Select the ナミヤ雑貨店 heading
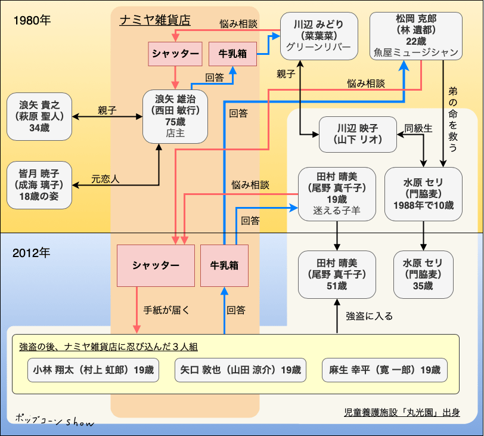click(155, 20)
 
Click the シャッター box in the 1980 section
click(175, 54)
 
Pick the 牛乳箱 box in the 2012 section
click(224, 265)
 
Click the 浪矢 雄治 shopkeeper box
click(175, 116)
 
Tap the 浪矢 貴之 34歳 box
click(40, 116)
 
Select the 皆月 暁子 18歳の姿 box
click(40, 184)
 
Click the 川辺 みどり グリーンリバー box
click(319, 35)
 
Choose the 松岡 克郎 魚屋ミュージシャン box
click(417, 35)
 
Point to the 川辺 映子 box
click(358, 135)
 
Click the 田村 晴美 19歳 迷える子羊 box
click(337, 193)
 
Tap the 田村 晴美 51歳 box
click(337, 274)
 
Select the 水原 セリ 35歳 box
click(424, 274)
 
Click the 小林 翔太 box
click(93, 370)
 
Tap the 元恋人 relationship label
click(105, 178)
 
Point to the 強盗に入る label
click(369, 316)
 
